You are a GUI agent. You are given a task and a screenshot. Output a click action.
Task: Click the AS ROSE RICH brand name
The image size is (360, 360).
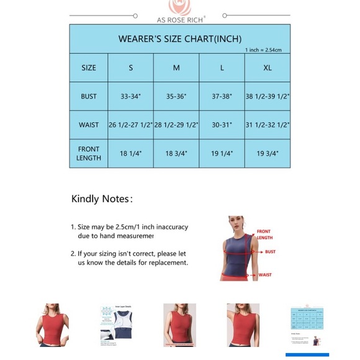[179, 19]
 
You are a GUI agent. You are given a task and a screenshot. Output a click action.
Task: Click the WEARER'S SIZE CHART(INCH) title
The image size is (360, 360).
[180, 38]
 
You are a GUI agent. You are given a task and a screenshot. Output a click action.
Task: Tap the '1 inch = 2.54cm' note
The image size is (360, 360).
[264, 50]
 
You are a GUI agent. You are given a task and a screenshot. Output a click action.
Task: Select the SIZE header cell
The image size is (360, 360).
[89, 68]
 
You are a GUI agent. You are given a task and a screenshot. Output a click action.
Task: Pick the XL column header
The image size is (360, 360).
[267, 68]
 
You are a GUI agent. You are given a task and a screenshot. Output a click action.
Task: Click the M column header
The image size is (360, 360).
[176, 68]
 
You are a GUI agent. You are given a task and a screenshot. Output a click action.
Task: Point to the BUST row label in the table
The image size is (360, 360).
[89, 96]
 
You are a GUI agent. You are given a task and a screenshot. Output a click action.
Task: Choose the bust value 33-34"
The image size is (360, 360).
[130, 96]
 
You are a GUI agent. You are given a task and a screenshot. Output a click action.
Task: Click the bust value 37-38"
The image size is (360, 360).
[222, 96]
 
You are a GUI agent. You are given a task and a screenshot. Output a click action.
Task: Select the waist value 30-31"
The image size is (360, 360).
[222, 125]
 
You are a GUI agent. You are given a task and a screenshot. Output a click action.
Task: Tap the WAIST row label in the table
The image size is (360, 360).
[89, 125]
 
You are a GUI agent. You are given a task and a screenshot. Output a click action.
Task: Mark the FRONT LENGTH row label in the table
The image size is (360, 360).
[89, 153]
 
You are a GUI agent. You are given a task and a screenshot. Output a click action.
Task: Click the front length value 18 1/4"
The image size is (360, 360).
[130, 153]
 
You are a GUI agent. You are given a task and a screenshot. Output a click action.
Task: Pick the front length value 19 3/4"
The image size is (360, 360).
[267, 153]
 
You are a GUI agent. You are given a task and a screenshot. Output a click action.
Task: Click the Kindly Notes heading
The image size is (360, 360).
[102, 199]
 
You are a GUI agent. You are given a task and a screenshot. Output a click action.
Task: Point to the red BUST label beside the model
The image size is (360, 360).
[270, 252]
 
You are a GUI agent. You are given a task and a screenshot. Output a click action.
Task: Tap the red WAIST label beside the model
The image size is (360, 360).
[265, 275]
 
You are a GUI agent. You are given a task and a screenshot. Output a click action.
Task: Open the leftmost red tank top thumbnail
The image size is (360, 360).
[53, 325]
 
